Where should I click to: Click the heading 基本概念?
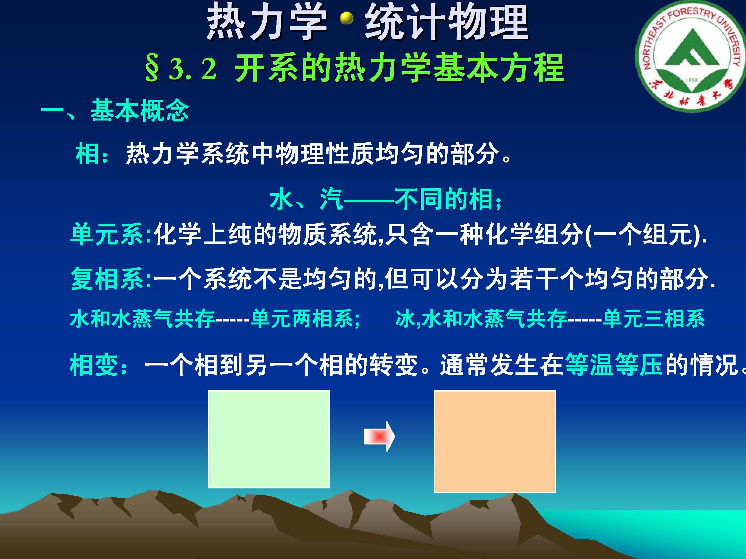click(x=140, y=111)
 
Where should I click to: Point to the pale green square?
click(x=269, y=439)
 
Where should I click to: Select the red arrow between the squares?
click(x=379, y=437)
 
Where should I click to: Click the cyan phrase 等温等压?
click(x=614, y=365)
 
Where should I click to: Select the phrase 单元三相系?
click(x=653, y=319)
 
